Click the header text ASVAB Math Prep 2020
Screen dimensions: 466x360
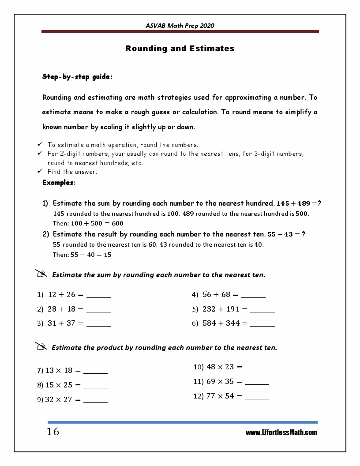click(180, 26)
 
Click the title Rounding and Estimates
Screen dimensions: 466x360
click(180, 49)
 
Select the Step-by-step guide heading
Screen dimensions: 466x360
click(77, 77)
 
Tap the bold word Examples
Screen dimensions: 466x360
click(59, 182)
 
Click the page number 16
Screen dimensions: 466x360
click(53, 432)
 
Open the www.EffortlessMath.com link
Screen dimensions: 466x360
click(281, 432)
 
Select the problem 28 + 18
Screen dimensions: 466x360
click(62, 309)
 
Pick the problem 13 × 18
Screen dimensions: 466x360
click(60, 371)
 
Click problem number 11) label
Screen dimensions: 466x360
click(198, 382)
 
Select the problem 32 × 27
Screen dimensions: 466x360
click(60, 400)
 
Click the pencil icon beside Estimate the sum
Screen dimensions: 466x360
click(41, 274)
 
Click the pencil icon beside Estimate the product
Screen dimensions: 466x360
click(41, 347)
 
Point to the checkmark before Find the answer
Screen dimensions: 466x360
click(39, 172)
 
